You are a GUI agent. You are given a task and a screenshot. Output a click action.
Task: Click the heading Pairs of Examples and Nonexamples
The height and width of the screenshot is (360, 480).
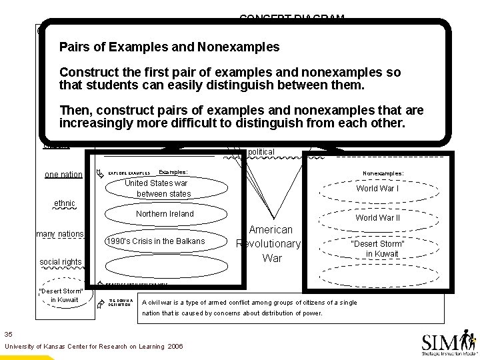click(169, 48)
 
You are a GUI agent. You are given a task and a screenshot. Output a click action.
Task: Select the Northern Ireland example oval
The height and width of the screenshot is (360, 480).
click(165, 214)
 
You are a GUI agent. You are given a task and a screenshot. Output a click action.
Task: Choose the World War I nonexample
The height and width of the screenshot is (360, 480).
click(377, 189)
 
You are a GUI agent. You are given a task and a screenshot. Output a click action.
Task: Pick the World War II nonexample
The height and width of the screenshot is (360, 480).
click(377, 218)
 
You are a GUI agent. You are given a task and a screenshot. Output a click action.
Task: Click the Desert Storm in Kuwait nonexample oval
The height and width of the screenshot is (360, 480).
click(377, 249)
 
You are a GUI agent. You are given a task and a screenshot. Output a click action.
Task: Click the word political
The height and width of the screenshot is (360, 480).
click(261, 152)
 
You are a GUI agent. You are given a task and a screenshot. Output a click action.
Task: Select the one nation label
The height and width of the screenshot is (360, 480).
click(63, 175)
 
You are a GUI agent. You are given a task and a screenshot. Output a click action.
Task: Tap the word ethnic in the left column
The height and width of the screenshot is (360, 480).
click(64, 203)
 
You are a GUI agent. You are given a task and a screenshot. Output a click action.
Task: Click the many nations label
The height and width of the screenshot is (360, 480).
click(60, 234)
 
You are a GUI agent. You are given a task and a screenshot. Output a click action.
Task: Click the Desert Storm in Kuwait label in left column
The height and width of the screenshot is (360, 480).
click(61, 295)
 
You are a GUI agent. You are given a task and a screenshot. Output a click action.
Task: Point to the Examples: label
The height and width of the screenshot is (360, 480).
click(173, 172)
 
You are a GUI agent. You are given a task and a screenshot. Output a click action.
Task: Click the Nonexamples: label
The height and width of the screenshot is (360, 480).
click(383, 173)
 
